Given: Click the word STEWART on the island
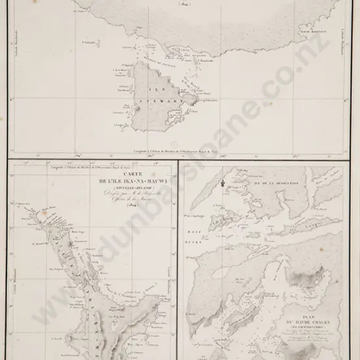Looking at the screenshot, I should click(x=155, y=103).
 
